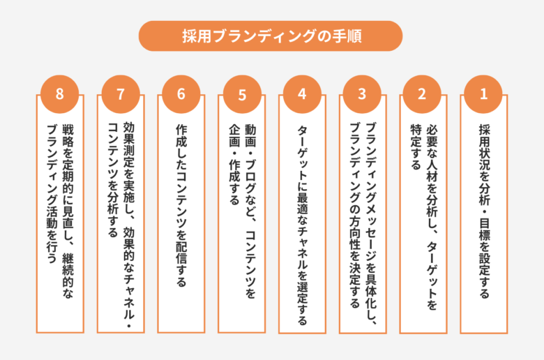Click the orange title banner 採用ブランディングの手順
point(271,36)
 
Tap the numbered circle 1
point(483,94)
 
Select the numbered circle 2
point(422,94)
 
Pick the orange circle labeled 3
point(362,94)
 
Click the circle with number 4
point(302,94)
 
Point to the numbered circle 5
point(242,94)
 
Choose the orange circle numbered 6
point(181,94)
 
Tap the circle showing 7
point(121,94)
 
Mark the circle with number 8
point(60,94)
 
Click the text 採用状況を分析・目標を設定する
point(484,211)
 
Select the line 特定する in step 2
point(415,147)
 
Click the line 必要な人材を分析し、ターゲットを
point(432,216)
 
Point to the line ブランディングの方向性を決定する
point(354,216)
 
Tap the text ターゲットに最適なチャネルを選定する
point(302,225)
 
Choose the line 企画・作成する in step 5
point(234,164)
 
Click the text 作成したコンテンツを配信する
point(181,205)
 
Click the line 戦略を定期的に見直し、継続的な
point(68,211)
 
